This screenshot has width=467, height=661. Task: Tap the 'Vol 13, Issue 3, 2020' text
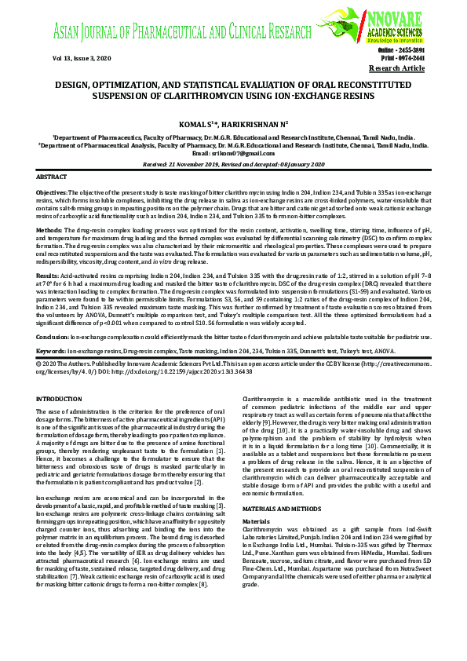(82, 59)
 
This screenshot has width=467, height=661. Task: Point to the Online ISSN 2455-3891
(403, 49)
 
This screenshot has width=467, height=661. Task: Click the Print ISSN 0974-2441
(403, 58)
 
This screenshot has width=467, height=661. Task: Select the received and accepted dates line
(233, 163)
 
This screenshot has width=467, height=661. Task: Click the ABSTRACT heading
(52, 178)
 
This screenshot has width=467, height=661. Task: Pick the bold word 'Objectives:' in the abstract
(52, 192)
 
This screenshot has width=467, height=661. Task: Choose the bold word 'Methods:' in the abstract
(49, 228)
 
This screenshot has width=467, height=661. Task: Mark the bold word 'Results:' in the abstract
(47, 276)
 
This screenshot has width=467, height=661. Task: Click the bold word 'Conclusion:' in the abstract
(52, 336)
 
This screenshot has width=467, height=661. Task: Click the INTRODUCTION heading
(59, 400)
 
